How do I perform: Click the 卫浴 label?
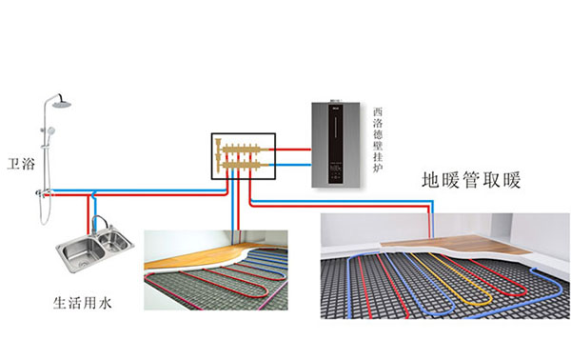tap(20, 164)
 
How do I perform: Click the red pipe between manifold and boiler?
tap(295, 148)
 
